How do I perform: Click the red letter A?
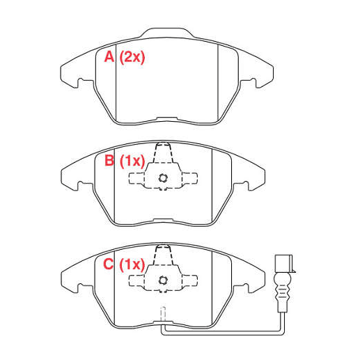tap(109, 57)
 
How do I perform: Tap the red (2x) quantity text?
tap(132, 57)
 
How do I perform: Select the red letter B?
tap(109, 160)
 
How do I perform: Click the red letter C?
tap(108, 264)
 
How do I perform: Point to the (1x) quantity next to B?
tap(132, 161)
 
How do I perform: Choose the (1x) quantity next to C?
tap(132, 264)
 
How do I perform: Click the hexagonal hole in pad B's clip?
tap(163, 178)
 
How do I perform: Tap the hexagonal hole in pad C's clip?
tap(163, 280)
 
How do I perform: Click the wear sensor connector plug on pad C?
tap(284, 264)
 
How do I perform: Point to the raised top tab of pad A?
tap(166, 33)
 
